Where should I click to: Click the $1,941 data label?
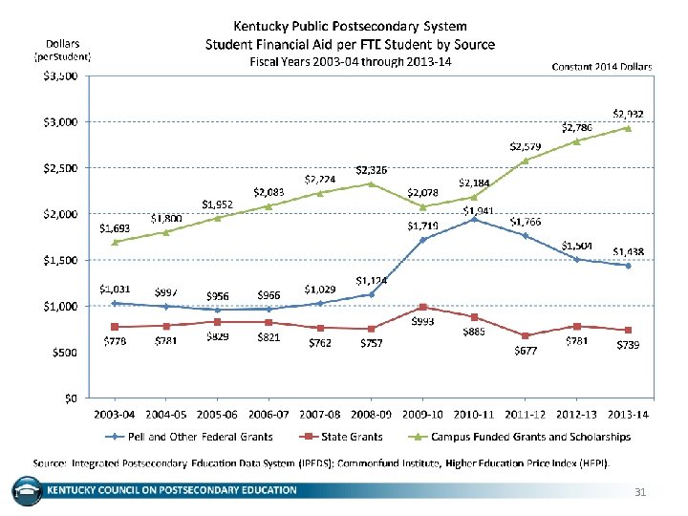[478, 210]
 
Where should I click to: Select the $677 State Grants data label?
[526, 351]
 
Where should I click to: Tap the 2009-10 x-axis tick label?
[422, 416]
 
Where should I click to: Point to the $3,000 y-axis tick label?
[59, 122]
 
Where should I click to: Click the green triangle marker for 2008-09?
[371, 183]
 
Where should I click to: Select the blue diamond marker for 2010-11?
[474, 220]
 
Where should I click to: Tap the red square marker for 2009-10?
[422, 307]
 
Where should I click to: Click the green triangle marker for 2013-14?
[628, 128]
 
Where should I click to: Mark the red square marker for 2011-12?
[526, 335]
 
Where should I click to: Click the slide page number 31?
[641, 491]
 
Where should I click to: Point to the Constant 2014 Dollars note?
[602, 67]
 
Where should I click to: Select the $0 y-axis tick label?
[71, 398]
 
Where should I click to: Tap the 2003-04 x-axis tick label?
[115, 416]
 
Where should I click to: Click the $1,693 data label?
[115, 228]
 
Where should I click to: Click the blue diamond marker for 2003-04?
[115, 303]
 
